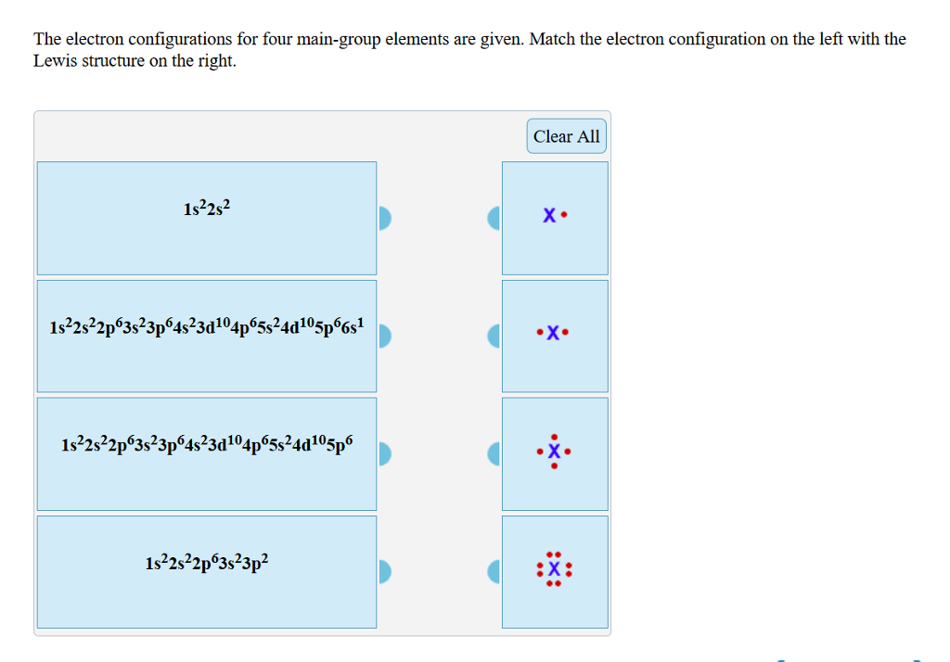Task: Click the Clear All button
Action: (566, 136)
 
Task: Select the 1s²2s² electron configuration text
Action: (207, 210)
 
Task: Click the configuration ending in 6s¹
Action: (207, 327)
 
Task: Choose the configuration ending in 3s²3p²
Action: (207, 562)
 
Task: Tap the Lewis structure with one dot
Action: (555, 218)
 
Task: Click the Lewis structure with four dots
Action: (555, 452)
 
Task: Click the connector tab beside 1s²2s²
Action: (385, 218)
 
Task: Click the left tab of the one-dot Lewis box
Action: (494, 218)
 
